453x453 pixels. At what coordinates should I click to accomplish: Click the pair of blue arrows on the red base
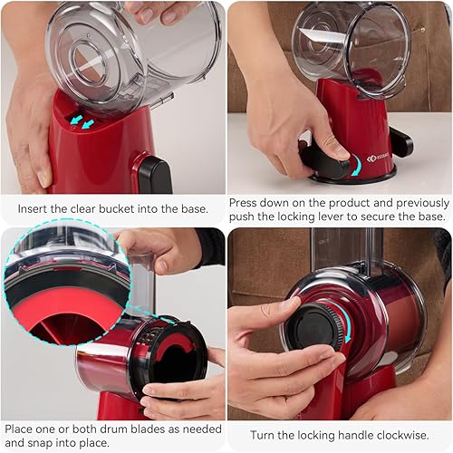(x=82, y=121)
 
